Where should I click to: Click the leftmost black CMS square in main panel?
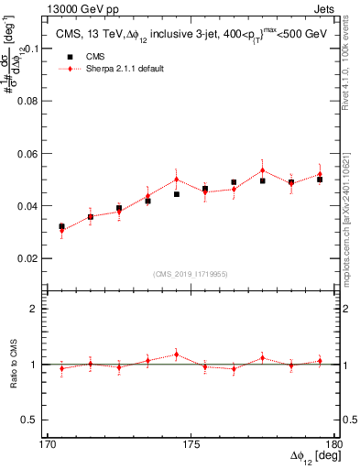click(61, 226)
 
